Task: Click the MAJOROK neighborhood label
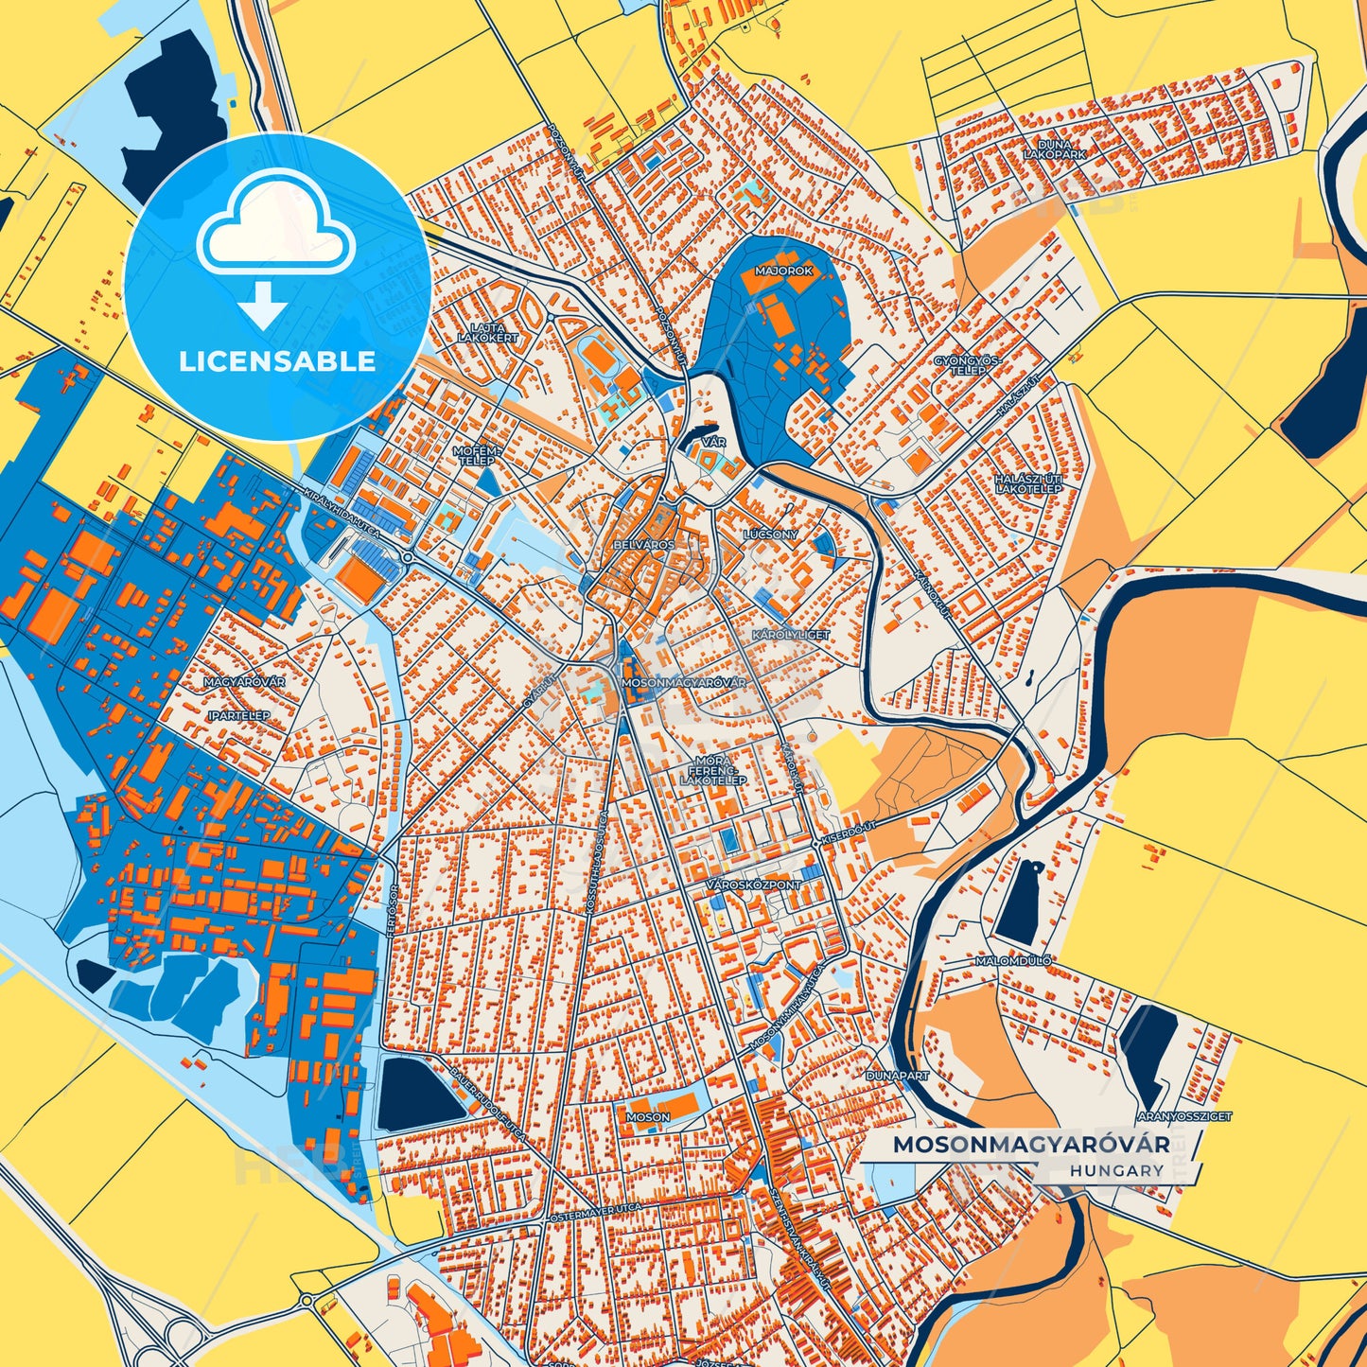point(783,271)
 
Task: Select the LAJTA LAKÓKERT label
point(488,332)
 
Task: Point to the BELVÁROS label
point(644,546)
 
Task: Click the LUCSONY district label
point(771,535)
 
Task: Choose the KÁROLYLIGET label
point(791,634)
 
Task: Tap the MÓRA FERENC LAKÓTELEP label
point(713,770)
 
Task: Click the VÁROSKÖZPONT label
point(754,885)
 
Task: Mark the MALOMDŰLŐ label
point(1013,961)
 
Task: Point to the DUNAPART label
point(898,1076)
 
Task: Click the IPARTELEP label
point(238,715)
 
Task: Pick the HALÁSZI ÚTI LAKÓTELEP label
point(1028,484)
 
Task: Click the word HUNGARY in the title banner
point(1118,1170)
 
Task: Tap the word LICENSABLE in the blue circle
point(277,361)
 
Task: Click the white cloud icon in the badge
point(276,221)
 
